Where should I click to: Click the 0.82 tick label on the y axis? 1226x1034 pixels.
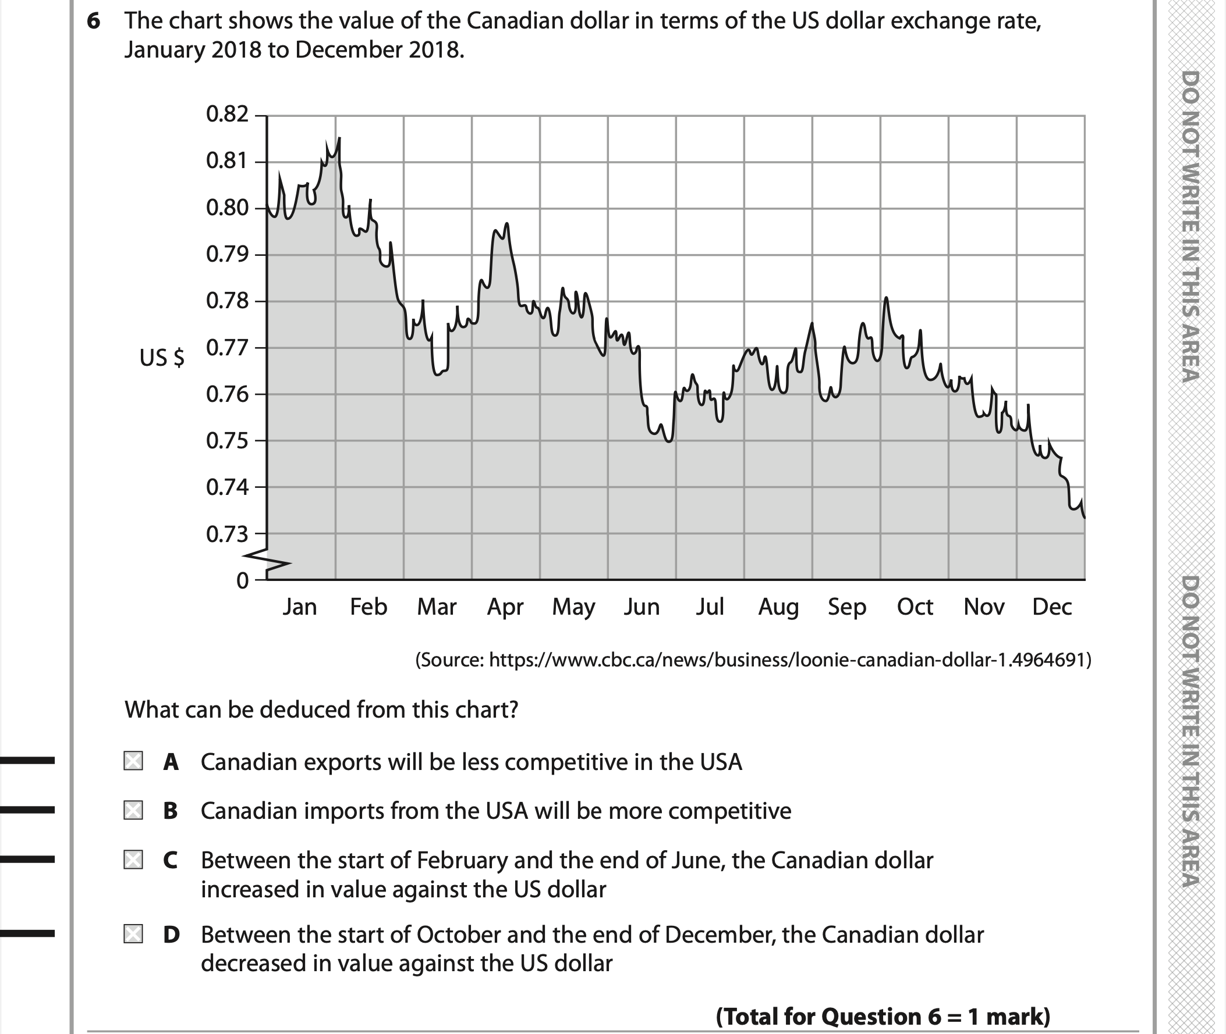(x=227, y=114)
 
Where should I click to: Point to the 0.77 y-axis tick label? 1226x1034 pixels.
(x=227, y=348)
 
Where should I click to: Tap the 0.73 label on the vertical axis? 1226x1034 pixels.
(x=227, y=534)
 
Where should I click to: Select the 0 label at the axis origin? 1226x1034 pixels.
(x=242, y=581)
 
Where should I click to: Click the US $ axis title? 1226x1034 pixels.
(x=162, y=358)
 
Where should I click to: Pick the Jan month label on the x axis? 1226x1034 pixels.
(x=300, y=607)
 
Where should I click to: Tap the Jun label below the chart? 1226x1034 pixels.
(x=642, y=607)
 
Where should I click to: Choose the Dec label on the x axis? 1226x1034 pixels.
(x=1052, y=607)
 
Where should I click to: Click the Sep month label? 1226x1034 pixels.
(x=846, y=607)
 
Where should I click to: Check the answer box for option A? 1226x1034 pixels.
(x=133, y=761)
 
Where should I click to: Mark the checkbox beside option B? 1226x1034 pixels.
(x=133, y=810)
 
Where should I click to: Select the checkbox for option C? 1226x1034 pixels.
(x=133, y=860)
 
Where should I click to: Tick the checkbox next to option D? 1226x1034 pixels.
(x=133, y=934)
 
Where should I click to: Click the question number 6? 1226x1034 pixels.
(x=93, y=22)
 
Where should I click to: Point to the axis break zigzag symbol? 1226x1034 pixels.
(x=267, y=560)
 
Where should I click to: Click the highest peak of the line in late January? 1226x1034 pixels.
(x=339, y=138)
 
